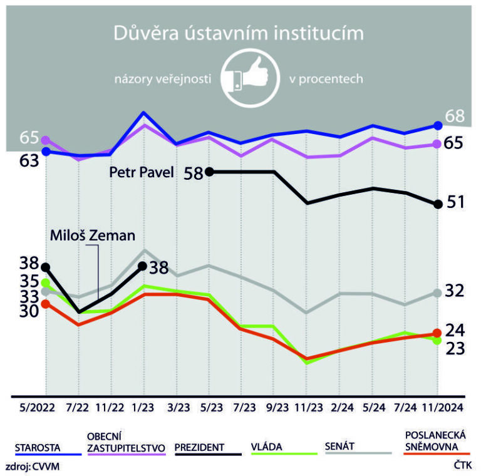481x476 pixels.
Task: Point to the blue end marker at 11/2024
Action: (x=438, y=125)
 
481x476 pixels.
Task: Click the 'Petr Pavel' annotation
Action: (x=141, y=172)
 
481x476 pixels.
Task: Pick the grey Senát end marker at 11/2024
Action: (x=438, y=292)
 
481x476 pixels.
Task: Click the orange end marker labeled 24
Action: (x=438, y=333)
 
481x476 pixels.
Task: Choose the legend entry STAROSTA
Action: (x=37, y=447)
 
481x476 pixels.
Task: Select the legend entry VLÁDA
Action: (x=266, y=447)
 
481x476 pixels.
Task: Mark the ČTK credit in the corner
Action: (x=462, y=466)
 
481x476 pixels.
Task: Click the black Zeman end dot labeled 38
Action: (x=142, y=267)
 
